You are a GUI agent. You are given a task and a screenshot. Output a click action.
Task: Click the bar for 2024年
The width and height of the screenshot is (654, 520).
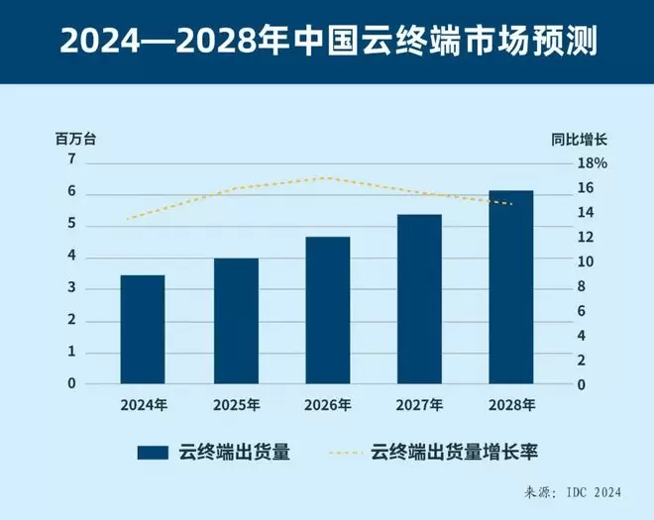[x=144, y=329]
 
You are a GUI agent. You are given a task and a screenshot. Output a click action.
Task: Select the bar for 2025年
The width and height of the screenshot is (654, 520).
[x=236, y=321]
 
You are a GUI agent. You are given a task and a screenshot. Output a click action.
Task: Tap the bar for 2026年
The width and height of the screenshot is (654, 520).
[x=328, y=310]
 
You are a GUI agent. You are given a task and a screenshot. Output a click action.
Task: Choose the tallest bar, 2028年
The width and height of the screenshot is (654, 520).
[x=511, y=286]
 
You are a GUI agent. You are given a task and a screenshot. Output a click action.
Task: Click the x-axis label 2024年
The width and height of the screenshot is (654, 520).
[x=144, y=404]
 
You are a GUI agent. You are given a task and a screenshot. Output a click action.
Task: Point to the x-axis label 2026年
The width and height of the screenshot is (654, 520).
[x=328, y=404]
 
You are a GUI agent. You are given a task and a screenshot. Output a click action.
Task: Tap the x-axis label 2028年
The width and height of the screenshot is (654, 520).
[x=511, y=404]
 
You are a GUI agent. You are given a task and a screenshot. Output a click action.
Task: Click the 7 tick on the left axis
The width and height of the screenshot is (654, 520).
[x=71, y=158]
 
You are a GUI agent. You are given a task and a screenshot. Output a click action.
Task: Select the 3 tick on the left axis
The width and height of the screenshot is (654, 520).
[x=71, y=288]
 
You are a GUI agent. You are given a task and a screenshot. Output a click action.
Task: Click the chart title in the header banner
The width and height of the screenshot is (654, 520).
[x=327, y=43]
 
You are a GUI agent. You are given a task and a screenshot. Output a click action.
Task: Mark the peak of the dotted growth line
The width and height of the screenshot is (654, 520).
[x=328, y=178]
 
